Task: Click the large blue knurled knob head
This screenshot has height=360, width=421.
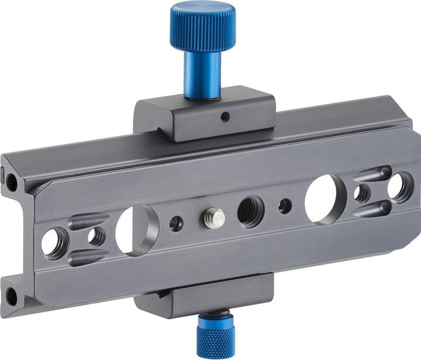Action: (x=203, y=27)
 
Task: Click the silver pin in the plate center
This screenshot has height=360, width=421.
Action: (x=215, y=218)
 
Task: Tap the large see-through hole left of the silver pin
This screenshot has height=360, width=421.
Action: (x=137, y=229)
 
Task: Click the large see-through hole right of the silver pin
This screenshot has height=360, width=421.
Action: (x=322, y=199)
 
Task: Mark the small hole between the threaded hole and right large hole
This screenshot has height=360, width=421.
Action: (x=285, y=205)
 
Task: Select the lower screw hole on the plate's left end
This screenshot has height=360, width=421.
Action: (x=11, y=296)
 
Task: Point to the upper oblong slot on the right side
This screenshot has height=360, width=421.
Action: (x=372, y=174)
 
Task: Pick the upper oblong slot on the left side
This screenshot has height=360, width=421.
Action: (x=88, y=221)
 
